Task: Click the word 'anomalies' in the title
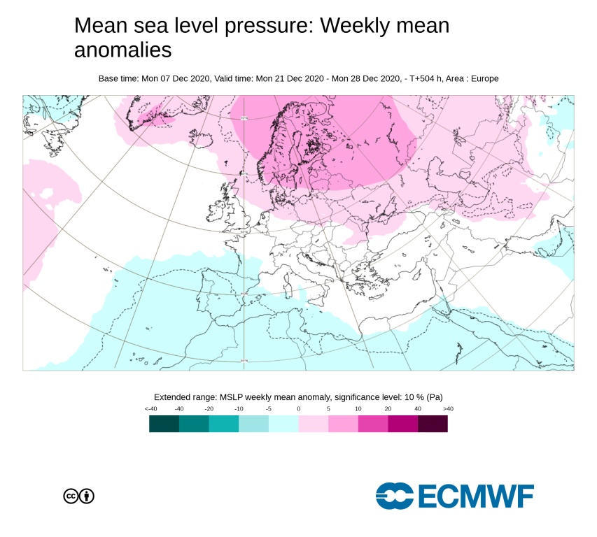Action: (x=122, y=50)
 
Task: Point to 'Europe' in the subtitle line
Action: (x=485, y=78)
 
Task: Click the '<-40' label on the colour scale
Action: (x=150, y=408)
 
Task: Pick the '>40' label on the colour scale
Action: (x=448, y=408)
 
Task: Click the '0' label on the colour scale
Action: (x=298, y=408)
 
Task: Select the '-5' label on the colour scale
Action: (x=269, y=408)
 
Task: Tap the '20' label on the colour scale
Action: (x=388, y=408)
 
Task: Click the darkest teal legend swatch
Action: (x=164, y=424)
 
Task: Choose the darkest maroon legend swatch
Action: (x=433, y=424)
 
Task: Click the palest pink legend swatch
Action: (x=313, y=424)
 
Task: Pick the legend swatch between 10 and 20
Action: (x=373, y=424)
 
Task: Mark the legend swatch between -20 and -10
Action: (x=224, y=424)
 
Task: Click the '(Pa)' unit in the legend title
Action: (x=433, y=396)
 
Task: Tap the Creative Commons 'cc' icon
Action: (x=71, y=496)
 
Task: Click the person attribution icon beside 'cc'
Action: (x=87, y=496)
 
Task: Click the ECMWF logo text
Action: (x=476, y=496)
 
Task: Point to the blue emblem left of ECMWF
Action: (x=395, y=496)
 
